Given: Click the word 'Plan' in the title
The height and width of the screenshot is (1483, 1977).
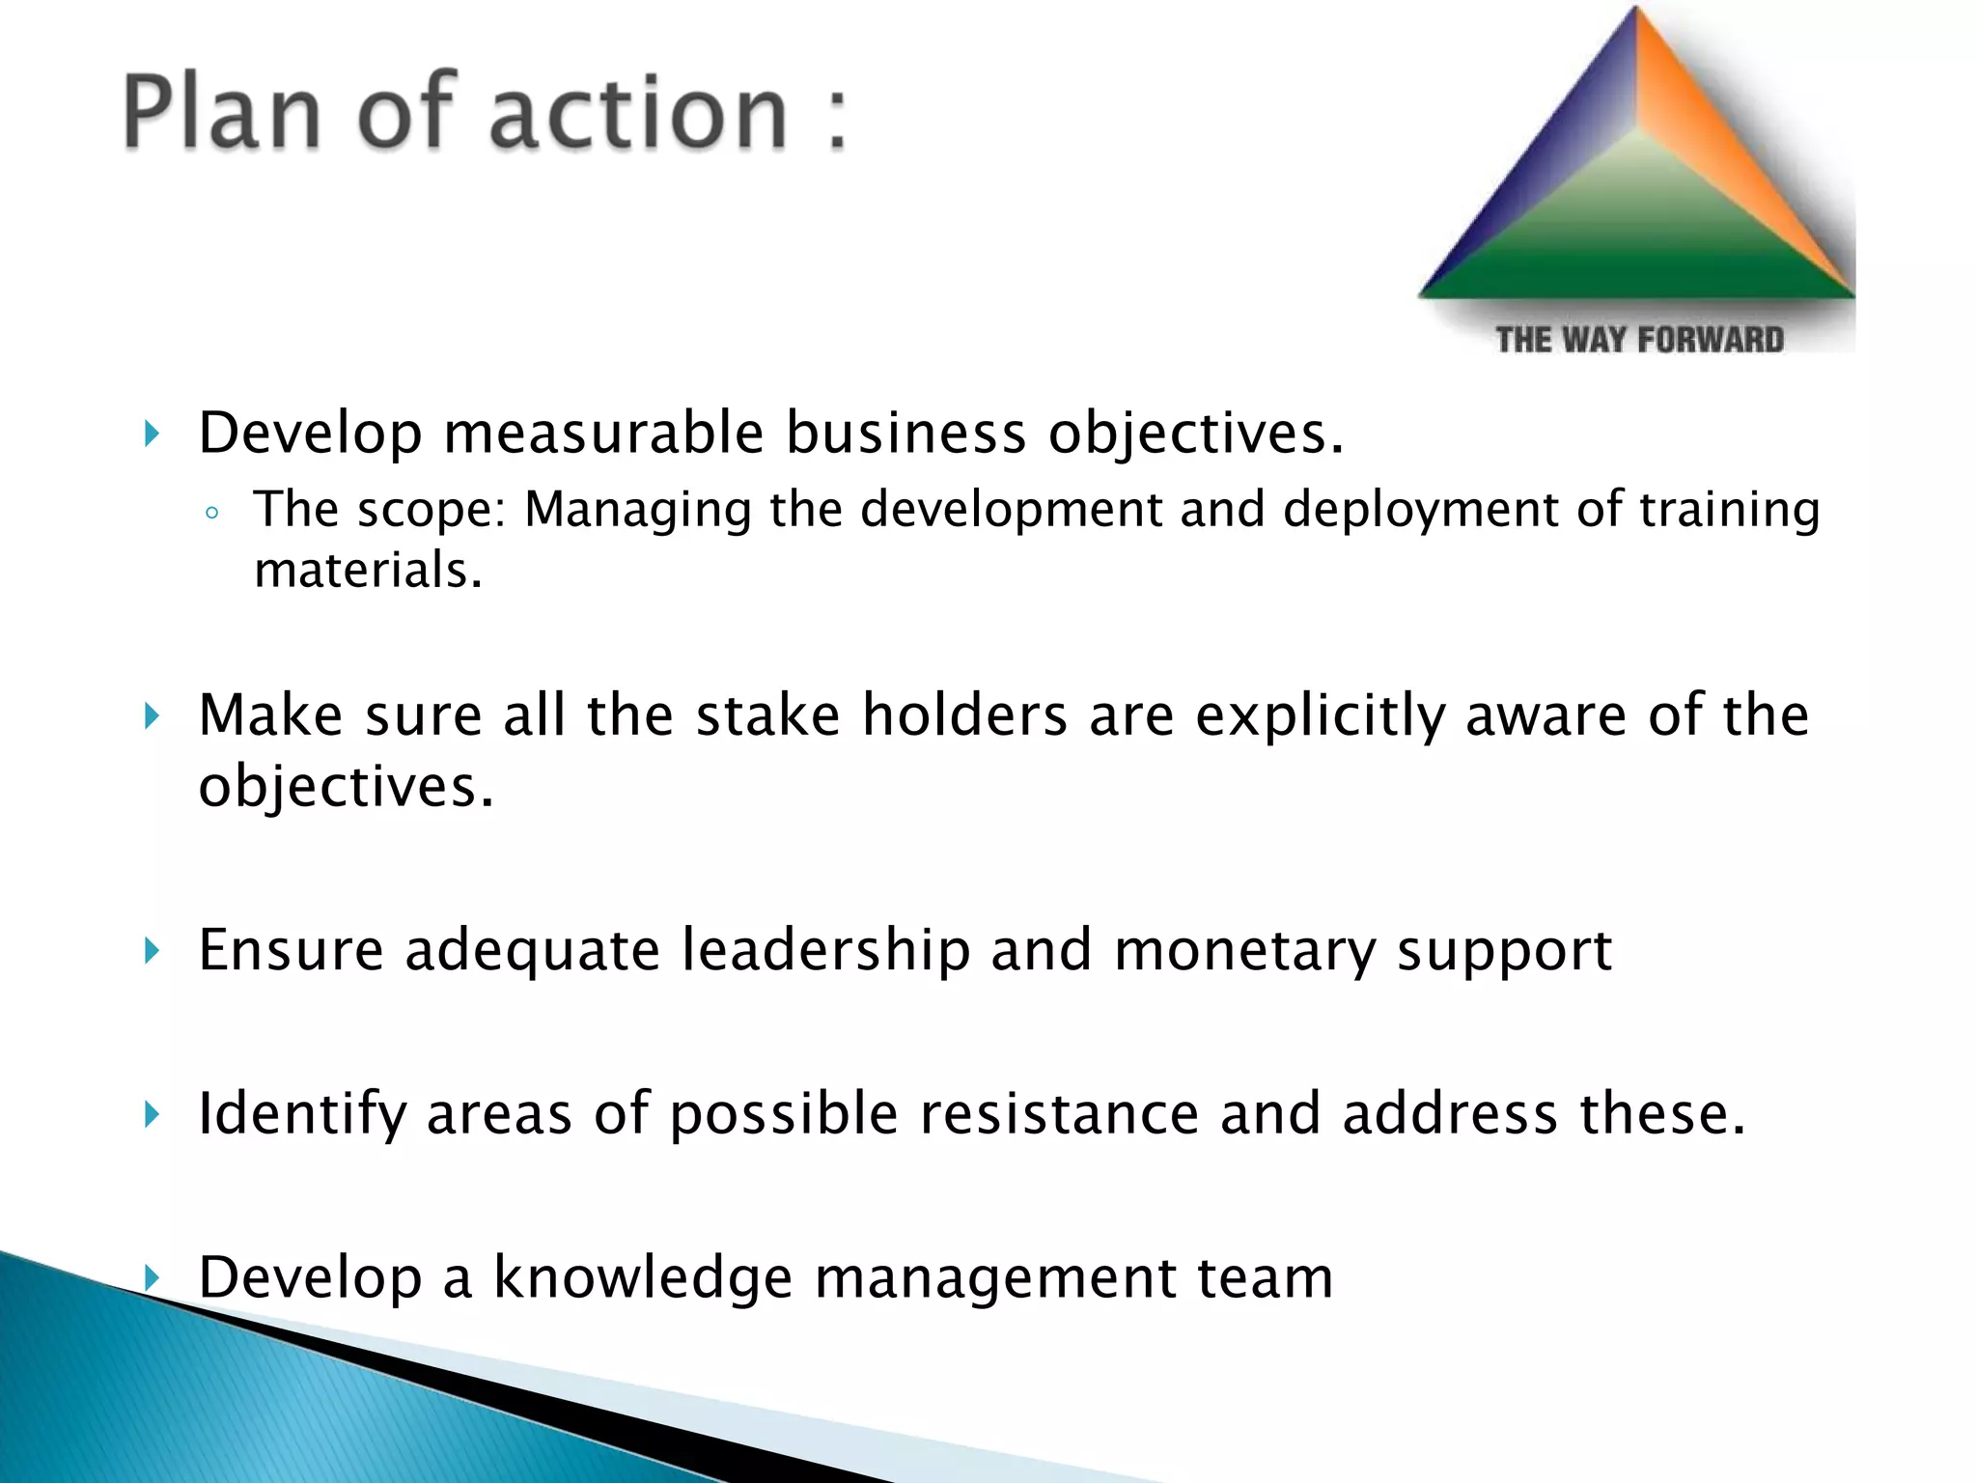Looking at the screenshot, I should point(221,114).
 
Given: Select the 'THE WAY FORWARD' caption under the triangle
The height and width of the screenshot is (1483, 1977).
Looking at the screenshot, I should point(1639,340).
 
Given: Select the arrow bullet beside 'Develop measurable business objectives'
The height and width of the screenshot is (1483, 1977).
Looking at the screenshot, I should point(152,434).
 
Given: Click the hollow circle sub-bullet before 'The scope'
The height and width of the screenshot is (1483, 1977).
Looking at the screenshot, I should point(212,514).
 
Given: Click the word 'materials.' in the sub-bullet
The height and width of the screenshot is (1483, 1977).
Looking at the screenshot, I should point(368,570).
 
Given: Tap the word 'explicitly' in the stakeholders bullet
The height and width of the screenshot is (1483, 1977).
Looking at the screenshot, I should point(1321,715).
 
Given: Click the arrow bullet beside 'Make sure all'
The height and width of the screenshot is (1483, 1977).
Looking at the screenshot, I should point(152,716).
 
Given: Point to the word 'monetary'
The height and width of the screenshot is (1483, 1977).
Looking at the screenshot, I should point(1244,951).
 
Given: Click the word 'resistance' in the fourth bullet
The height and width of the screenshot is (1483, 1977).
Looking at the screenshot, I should point(1059,1113).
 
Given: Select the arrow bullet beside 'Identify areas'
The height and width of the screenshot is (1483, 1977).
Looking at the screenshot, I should point(152,1115).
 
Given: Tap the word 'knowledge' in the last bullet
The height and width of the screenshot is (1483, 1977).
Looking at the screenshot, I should point(643,1277).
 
